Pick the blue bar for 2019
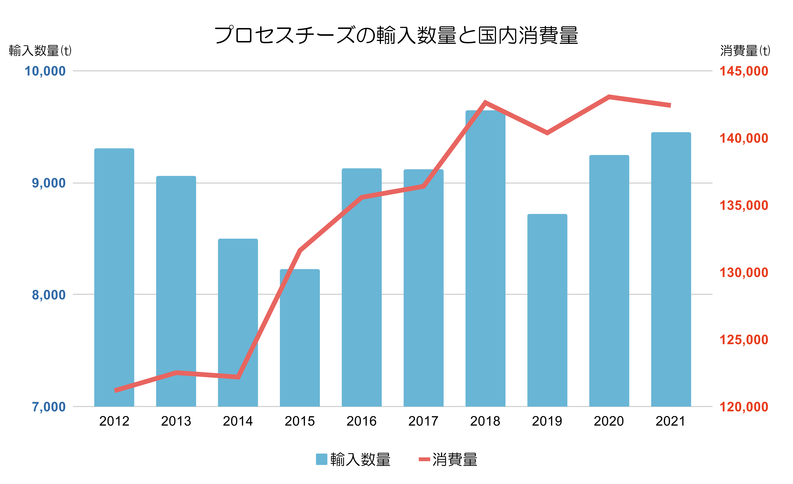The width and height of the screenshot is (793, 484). (x=547, y=310)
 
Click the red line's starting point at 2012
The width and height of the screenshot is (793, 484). (x=115, y=390)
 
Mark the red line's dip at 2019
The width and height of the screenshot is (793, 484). (x=547, y=132)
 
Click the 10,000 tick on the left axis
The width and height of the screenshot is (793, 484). (x=45, y=71)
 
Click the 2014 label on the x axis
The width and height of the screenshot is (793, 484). (x=238, y=421)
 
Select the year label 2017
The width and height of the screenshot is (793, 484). (x=423, y=421)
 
